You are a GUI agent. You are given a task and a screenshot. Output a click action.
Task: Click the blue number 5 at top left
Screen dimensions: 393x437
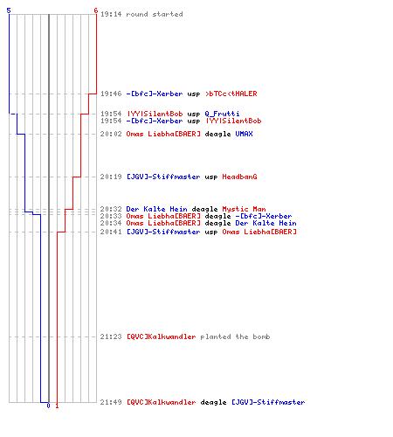point(9,10)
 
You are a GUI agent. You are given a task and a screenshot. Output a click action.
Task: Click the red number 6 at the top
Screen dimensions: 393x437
point(96,10)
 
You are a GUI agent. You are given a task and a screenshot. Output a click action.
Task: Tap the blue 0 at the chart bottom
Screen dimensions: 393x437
point(48,406)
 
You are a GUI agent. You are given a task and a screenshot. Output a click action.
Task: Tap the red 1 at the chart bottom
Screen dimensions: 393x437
point(57,406)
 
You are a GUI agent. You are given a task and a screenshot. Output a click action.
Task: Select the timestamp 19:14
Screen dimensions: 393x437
point(111,14)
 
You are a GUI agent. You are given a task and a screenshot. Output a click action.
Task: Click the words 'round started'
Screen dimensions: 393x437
point(155,14)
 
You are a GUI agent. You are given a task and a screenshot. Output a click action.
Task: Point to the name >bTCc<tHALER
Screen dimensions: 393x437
point(231,94)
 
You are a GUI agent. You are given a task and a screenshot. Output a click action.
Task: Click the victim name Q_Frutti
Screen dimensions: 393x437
point(222,114)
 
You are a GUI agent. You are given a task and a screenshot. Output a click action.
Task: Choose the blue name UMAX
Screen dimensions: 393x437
point(244,134)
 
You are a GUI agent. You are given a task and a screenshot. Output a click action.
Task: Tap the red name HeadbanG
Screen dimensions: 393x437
point(239,177)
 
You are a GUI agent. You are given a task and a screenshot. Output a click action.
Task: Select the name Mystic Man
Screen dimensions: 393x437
point(244,209)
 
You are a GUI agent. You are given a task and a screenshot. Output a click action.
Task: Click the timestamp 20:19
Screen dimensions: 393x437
point(111,177)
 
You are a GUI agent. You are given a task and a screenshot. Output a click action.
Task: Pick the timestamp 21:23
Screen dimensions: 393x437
point(111,336)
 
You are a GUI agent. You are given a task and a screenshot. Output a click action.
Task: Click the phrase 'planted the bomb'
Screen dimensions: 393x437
point(235,336)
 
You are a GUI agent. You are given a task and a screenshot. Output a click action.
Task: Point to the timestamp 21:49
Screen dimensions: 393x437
point(111,402)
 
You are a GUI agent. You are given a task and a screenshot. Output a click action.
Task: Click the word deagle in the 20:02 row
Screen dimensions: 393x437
point(217,134)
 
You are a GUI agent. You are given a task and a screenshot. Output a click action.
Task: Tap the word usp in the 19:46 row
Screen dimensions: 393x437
point(194,94)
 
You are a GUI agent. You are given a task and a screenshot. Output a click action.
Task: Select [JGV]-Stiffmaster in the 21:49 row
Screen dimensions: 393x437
point(268,402)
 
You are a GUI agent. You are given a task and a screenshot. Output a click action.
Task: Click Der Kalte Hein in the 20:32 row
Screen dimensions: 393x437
point(156,209)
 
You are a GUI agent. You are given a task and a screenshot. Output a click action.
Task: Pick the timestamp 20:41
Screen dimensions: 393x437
point(111,232)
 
